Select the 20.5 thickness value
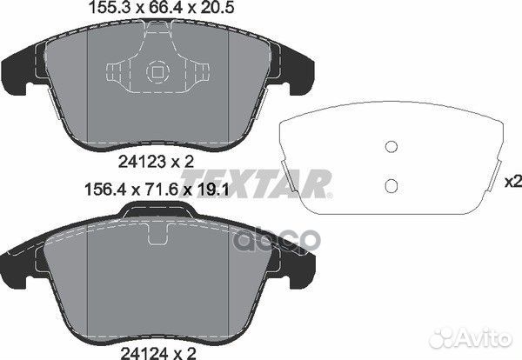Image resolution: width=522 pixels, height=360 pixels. pyautogui.click(x=216, y=8)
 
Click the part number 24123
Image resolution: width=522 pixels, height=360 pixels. pyautogui.click(x=142, y=162)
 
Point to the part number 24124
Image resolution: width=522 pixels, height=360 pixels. pyautogui.click(x=144, y=353)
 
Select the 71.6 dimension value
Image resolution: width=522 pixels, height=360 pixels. pyautogui.click(x=158, y=190)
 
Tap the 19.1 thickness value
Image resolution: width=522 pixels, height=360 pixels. pyautogui.click(x=213, y=190)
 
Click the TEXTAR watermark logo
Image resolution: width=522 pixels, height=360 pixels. pyautogui.click(x=257, y=183)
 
